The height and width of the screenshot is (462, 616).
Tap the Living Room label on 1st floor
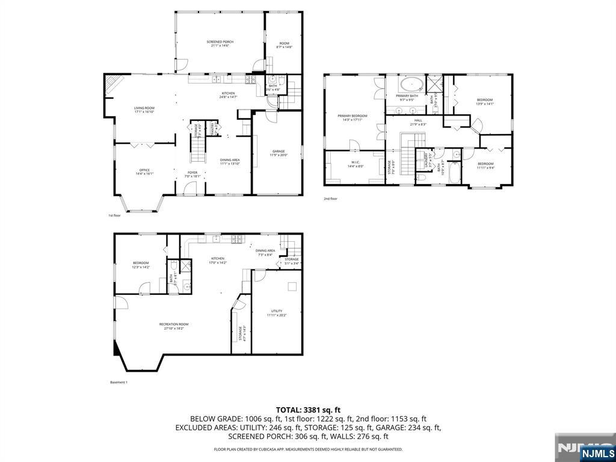[x=144, y=109]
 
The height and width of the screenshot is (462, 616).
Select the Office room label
[x=144, y=171]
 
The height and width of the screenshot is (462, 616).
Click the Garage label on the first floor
[x=278, y=153]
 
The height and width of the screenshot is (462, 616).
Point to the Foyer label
[x=191, y=174]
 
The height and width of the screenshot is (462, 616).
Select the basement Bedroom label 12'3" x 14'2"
[x=141, y=265]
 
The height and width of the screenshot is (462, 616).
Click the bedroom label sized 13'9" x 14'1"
[x=484, y=101]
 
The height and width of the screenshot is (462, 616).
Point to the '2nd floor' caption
[x=330, y=199]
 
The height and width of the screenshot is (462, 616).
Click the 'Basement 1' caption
[x=119, y=382]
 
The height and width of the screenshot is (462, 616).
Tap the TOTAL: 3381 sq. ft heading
[x=308, y=410]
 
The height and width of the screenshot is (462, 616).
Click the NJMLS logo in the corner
[x=597, y=453]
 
